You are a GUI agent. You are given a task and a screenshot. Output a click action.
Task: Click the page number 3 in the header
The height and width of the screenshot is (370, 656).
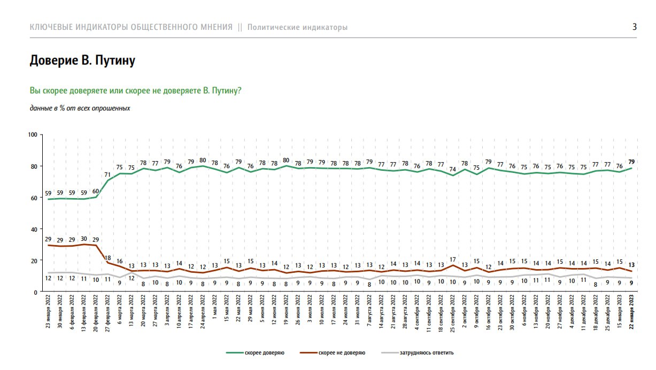[635, 27]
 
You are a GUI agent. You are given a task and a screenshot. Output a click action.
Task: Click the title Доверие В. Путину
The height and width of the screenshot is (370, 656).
[82, 61]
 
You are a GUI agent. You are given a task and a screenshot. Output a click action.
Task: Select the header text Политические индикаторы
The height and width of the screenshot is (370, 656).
[297, 27]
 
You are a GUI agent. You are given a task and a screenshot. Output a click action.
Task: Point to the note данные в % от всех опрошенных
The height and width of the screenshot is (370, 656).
[80, 108]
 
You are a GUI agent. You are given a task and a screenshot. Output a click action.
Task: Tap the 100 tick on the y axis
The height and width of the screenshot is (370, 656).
[32, 135]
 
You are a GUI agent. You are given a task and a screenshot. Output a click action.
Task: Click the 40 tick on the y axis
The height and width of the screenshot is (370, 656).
[34, 229]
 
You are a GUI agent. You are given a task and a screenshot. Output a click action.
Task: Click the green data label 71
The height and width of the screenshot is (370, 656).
[107, 174]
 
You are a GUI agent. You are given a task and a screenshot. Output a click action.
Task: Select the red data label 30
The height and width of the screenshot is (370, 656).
[83, 239]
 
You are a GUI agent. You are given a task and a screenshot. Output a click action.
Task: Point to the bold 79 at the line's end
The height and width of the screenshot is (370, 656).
[631, 161]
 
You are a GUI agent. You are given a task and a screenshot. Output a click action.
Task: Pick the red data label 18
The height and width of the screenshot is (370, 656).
[107, 257]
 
